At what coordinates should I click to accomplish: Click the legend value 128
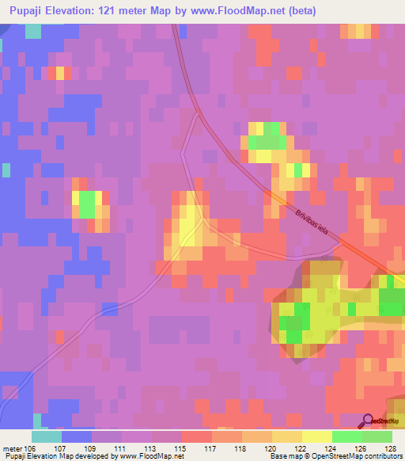[x=391, y=449]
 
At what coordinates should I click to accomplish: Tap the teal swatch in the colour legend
[x=47, y=436]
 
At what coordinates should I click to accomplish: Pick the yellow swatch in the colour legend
[x=317, y=436]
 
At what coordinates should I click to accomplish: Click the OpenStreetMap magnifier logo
[x=369, y=421]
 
